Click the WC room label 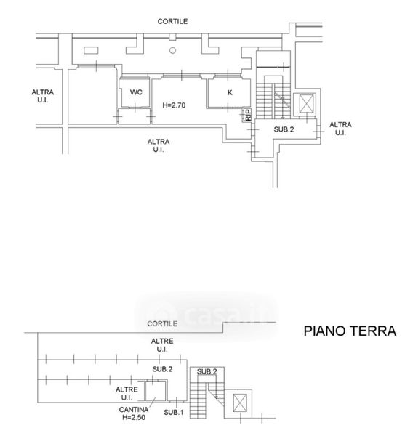point(136,92)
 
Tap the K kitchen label point(230,92)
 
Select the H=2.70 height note point(174,105)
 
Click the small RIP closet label point(248,115)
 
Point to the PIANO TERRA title point(350,331)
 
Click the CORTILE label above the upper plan point(172,21)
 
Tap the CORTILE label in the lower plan point(162,323)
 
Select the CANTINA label point(134,410)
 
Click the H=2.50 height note point(134,417)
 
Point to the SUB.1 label point(173,412)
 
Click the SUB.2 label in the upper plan point(284,129)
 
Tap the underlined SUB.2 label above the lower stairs point(206,371)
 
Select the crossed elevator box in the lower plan point(240,403)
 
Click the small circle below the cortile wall point(172,50)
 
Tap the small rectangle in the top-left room point(91,50)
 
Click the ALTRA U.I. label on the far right point(340,129)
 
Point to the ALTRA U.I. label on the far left point(43,96)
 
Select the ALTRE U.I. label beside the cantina point(127,393)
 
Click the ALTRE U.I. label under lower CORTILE point(162,344)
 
